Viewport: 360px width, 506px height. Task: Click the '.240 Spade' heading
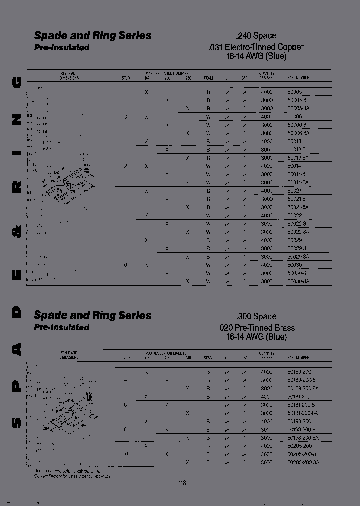click(x=256, y=36)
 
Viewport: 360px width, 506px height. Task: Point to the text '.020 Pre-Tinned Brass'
click(x=256, y=328)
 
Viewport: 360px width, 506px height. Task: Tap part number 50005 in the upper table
click(x=295, y=92)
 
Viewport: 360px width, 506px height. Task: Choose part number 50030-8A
click(x=299, y=281)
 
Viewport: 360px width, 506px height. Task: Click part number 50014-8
click(x=297, y=174)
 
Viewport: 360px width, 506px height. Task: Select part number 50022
click(x=295, y=215)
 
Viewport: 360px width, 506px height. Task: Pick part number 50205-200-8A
click(x=303, y=463)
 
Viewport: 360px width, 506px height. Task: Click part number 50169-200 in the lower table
click(x=299, y=372)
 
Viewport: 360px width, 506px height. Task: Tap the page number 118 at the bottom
click(x=182, y=483)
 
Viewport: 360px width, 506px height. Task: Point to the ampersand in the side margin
click(x=16, y=232)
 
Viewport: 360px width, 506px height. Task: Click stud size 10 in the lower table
click(x=125, y=454)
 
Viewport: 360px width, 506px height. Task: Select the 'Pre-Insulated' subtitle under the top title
click(x=62, y=48)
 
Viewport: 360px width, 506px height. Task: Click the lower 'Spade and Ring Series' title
click(x=92, y=315)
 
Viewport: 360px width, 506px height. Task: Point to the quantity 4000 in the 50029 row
click(x=267, y=240)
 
